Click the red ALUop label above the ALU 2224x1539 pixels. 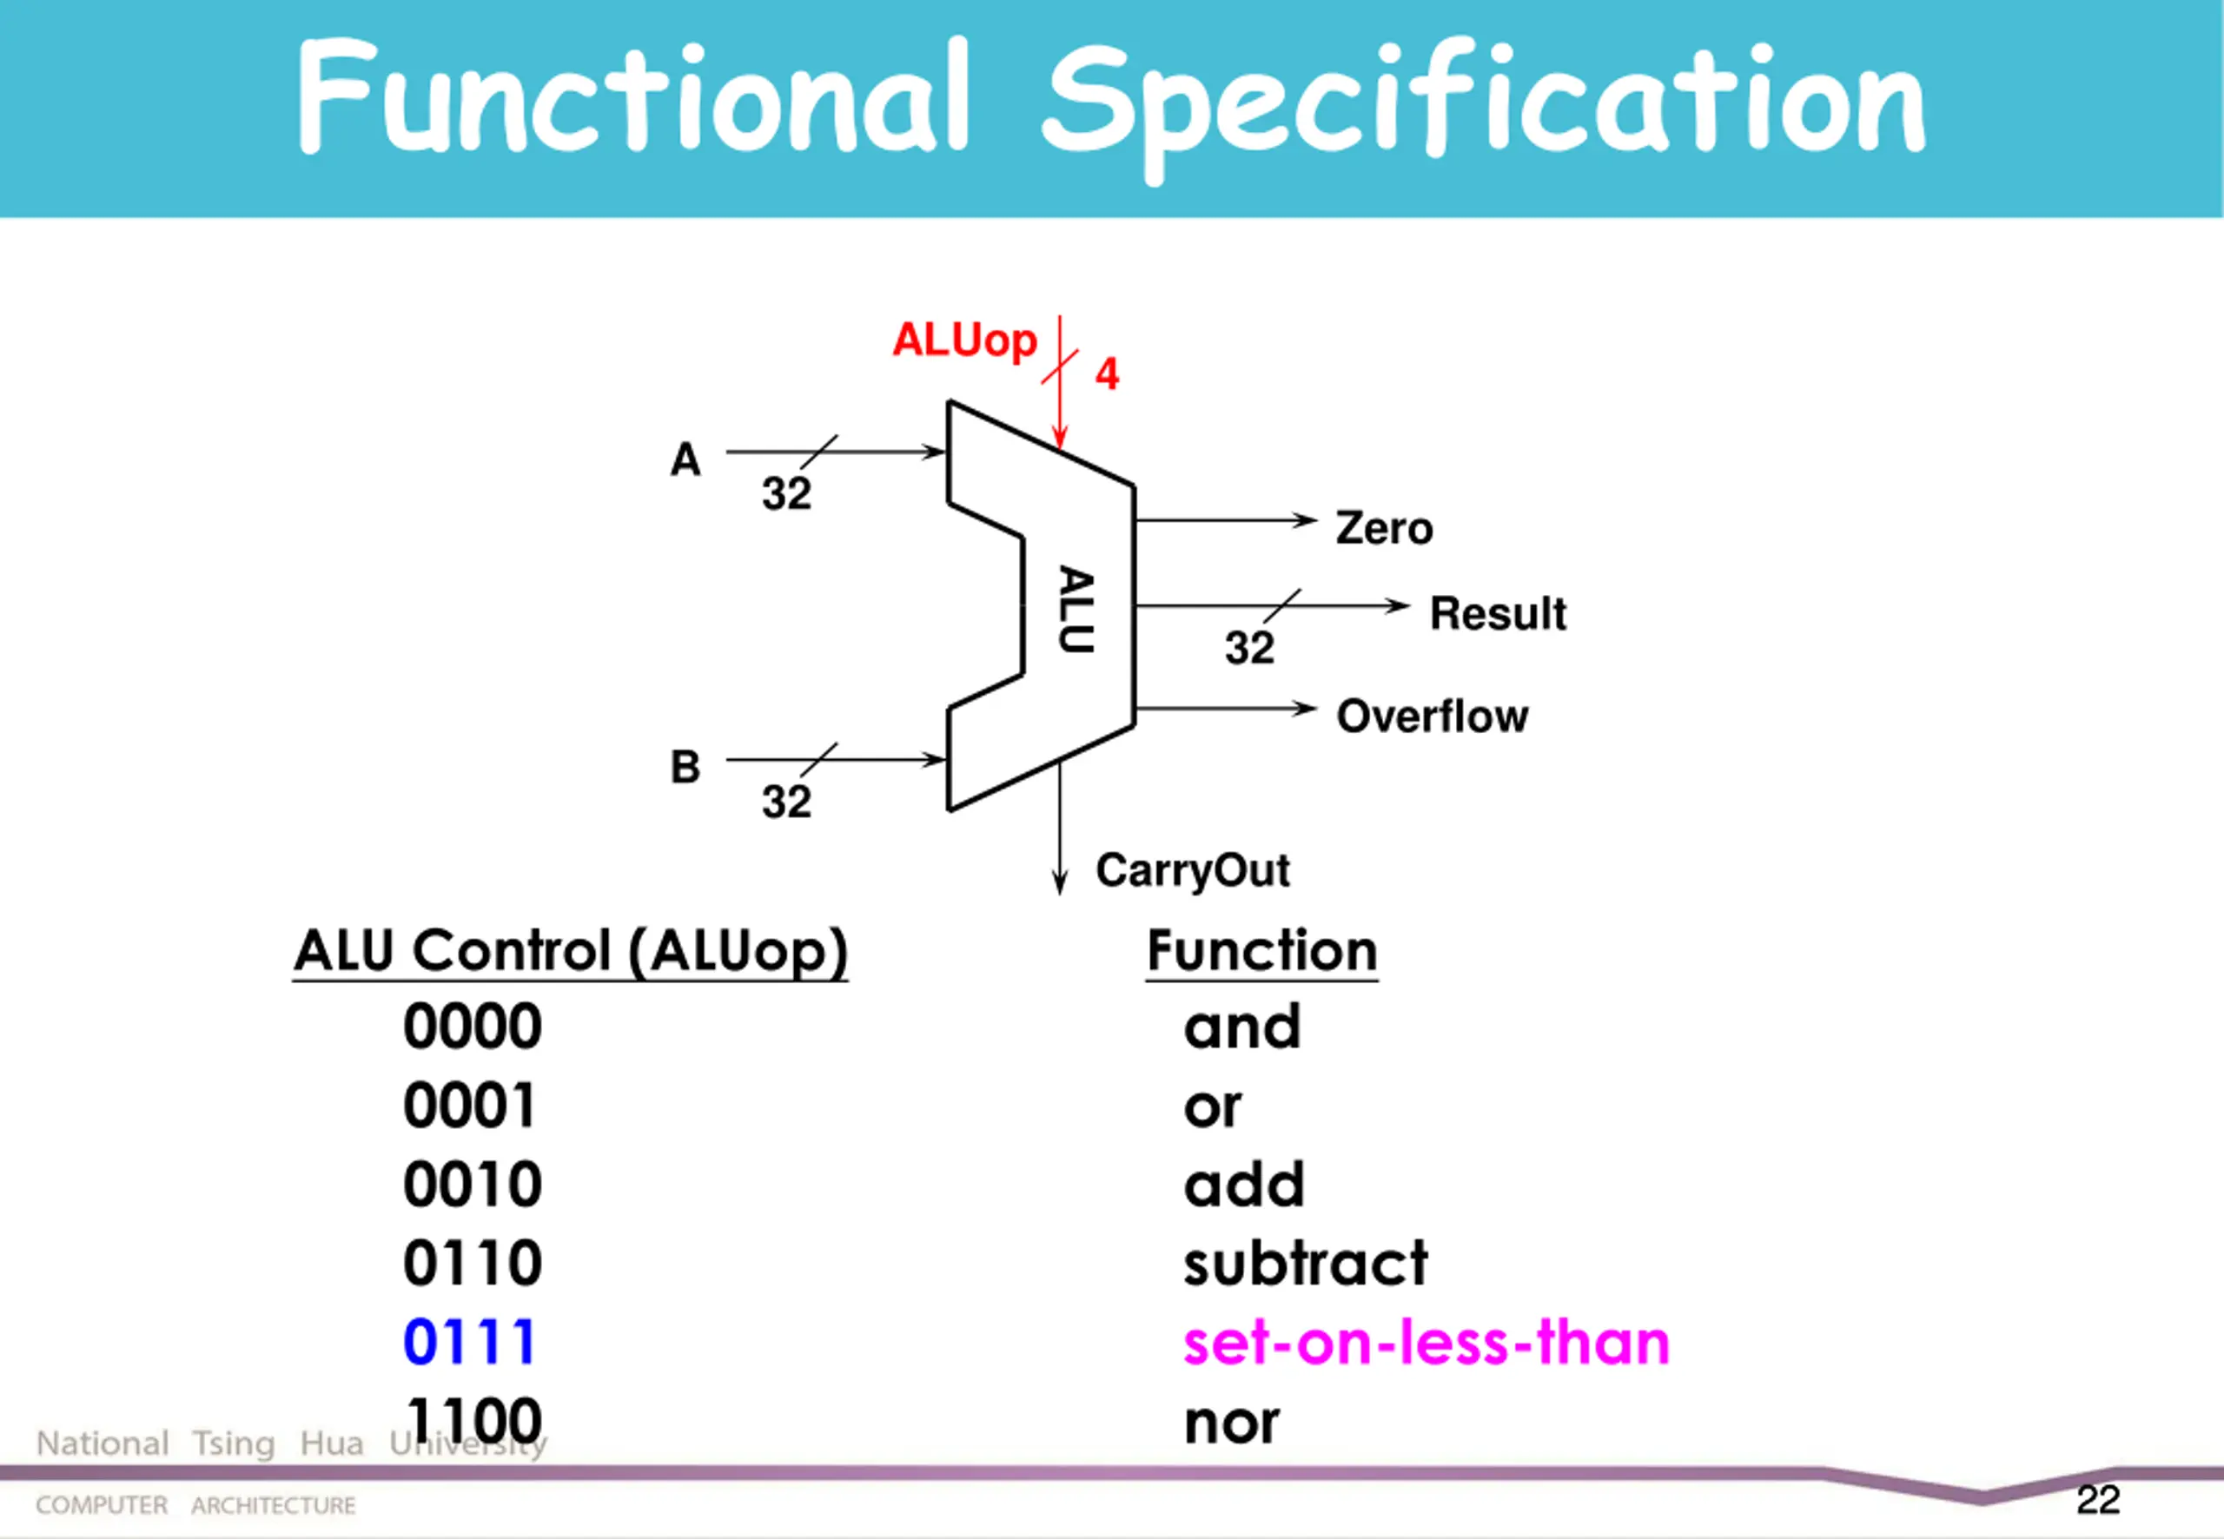coord(963,340)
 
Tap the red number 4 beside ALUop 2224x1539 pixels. coord(1106,374)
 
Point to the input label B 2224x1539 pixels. coord(685,768)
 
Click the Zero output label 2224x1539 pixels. coord(1384,528)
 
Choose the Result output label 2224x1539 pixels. coord(1498,613)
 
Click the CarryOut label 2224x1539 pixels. coord(1192,871)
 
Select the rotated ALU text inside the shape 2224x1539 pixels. coord(1076,610)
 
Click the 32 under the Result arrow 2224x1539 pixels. coord(1249,648)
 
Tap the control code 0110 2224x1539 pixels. coord(473,1262)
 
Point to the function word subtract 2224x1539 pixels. coord(1305,1262)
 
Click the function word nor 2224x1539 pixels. coord(1232,1423)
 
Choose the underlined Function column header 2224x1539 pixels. coord(1261,951)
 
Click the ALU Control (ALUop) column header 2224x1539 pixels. coord(571,951)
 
